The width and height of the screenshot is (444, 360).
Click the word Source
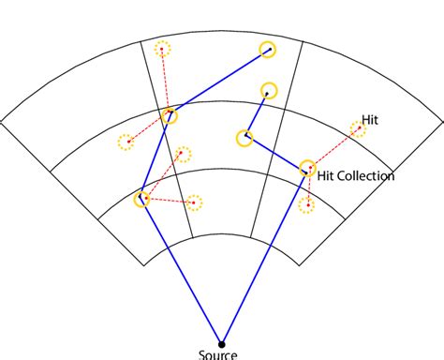pos(218,354)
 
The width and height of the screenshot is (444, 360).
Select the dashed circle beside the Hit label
pos(357,128)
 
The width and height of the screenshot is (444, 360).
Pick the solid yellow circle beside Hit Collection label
pos(307,170)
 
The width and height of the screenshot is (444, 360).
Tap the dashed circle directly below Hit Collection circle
pos(305,204)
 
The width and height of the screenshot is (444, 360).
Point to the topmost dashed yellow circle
pos(163,49)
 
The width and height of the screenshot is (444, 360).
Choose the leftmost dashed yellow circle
pos(126,142)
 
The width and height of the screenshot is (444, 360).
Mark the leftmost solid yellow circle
pos(142,199)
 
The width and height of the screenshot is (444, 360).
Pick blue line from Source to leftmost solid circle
pos(182,270)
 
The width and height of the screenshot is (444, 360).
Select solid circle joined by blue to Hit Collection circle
pos(245,137)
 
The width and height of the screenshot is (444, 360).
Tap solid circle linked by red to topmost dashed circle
pos(170,116)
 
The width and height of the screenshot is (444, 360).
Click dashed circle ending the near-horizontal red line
pos(193,202)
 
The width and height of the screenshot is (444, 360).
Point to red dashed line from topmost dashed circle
pos(166,82)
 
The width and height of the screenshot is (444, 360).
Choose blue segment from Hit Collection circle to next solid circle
pos(276,153)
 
